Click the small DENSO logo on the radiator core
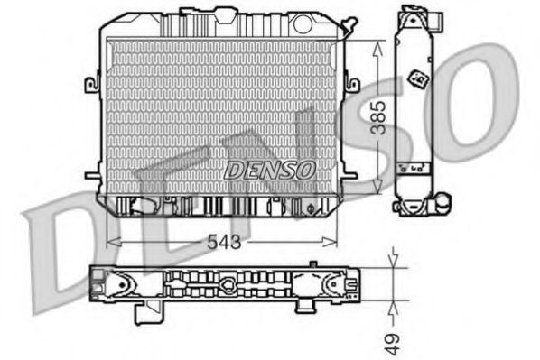[x=269, y=169]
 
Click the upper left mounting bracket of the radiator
[x=92, y=85]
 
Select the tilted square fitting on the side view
[x=420, y=78]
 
